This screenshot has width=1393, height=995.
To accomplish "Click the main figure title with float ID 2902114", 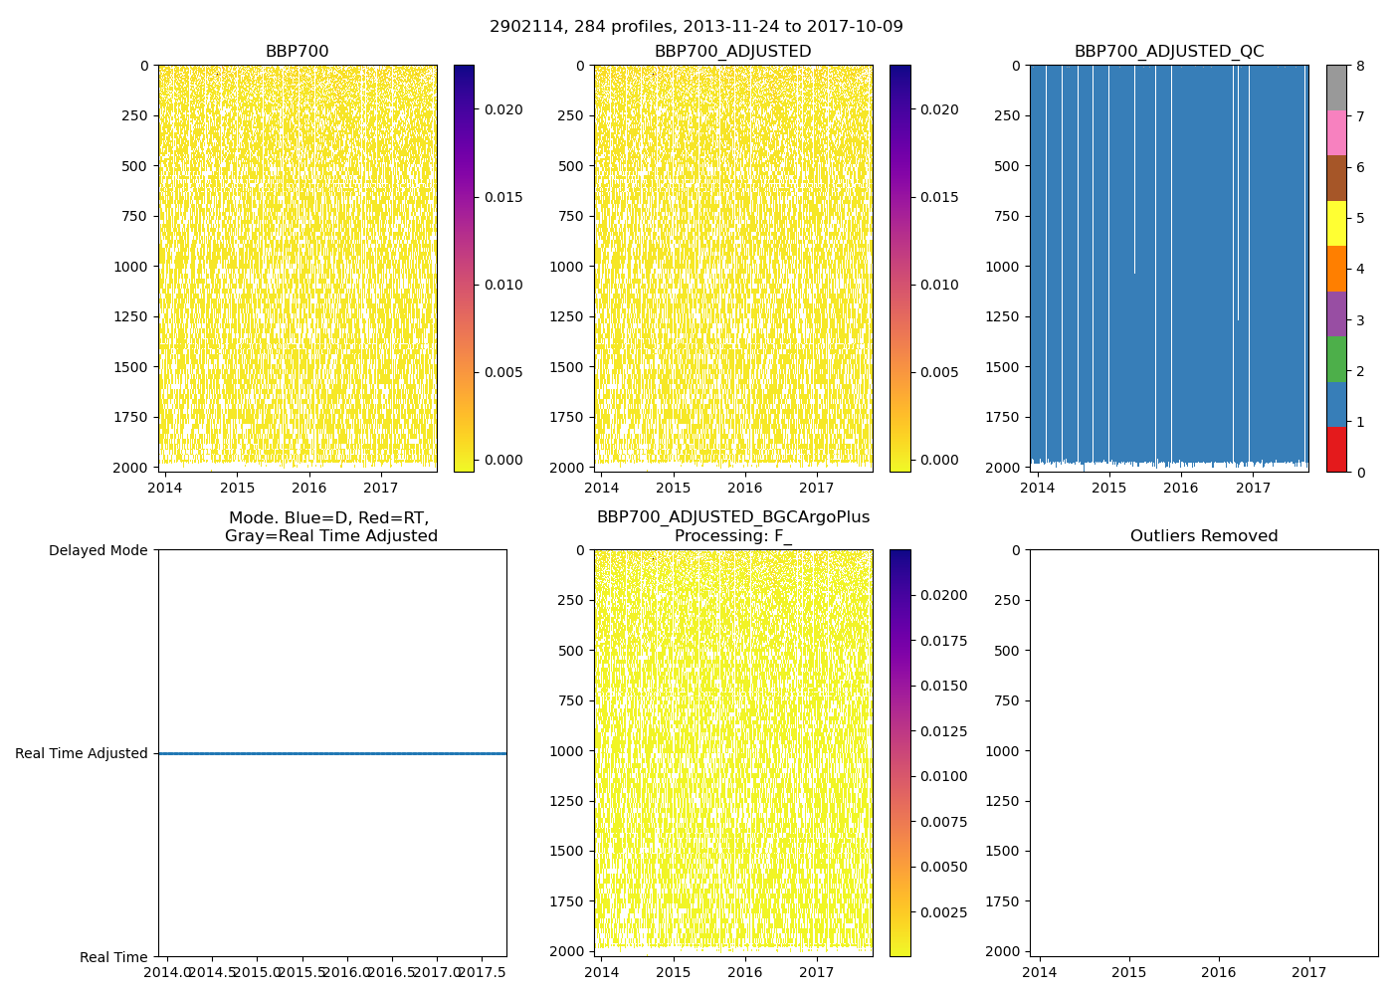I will coord(696,27).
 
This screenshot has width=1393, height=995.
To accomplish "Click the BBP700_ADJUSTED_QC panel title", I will coord(1169,52).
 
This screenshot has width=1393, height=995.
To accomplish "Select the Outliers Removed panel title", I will coord(1204,536).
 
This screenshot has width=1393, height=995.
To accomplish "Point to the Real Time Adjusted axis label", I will coord(82,753).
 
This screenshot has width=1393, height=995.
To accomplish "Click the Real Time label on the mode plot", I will coord(113,957).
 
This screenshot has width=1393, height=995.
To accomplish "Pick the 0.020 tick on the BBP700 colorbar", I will coord(503,109).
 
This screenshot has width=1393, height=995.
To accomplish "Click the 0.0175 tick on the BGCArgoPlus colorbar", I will coord(940,641).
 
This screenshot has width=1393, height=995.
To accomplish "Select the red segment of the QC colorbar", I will coord(1336,450).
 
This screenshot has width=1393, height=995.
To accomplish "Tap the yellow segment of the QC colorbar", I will coord(1336,223).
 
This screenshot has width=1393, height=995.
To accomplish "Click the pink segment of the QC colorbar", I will coord(1336,132).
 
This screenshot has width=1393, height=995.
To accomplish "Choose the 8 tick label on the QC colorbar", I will coord(1359,66).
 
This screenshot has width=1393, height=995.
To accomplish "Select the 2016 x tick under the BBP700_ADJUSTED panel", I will coord(744,488).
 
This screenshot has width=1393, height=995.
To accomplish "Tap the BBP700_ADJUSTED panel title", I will coord(732,52).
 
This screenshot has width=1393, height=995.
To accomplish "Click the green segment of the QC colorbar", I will coord(1336,359).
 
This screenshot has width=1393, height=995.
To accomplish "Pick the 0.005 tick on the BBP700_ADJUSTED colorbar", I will coord(939,372).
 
